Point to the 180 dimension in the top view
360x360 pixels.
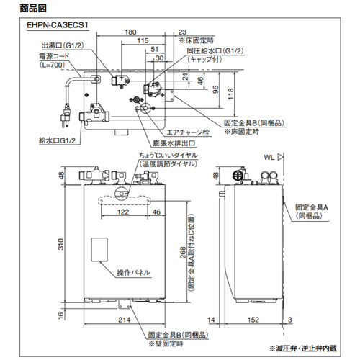131,32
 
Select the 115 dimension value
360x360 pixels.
145,40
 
